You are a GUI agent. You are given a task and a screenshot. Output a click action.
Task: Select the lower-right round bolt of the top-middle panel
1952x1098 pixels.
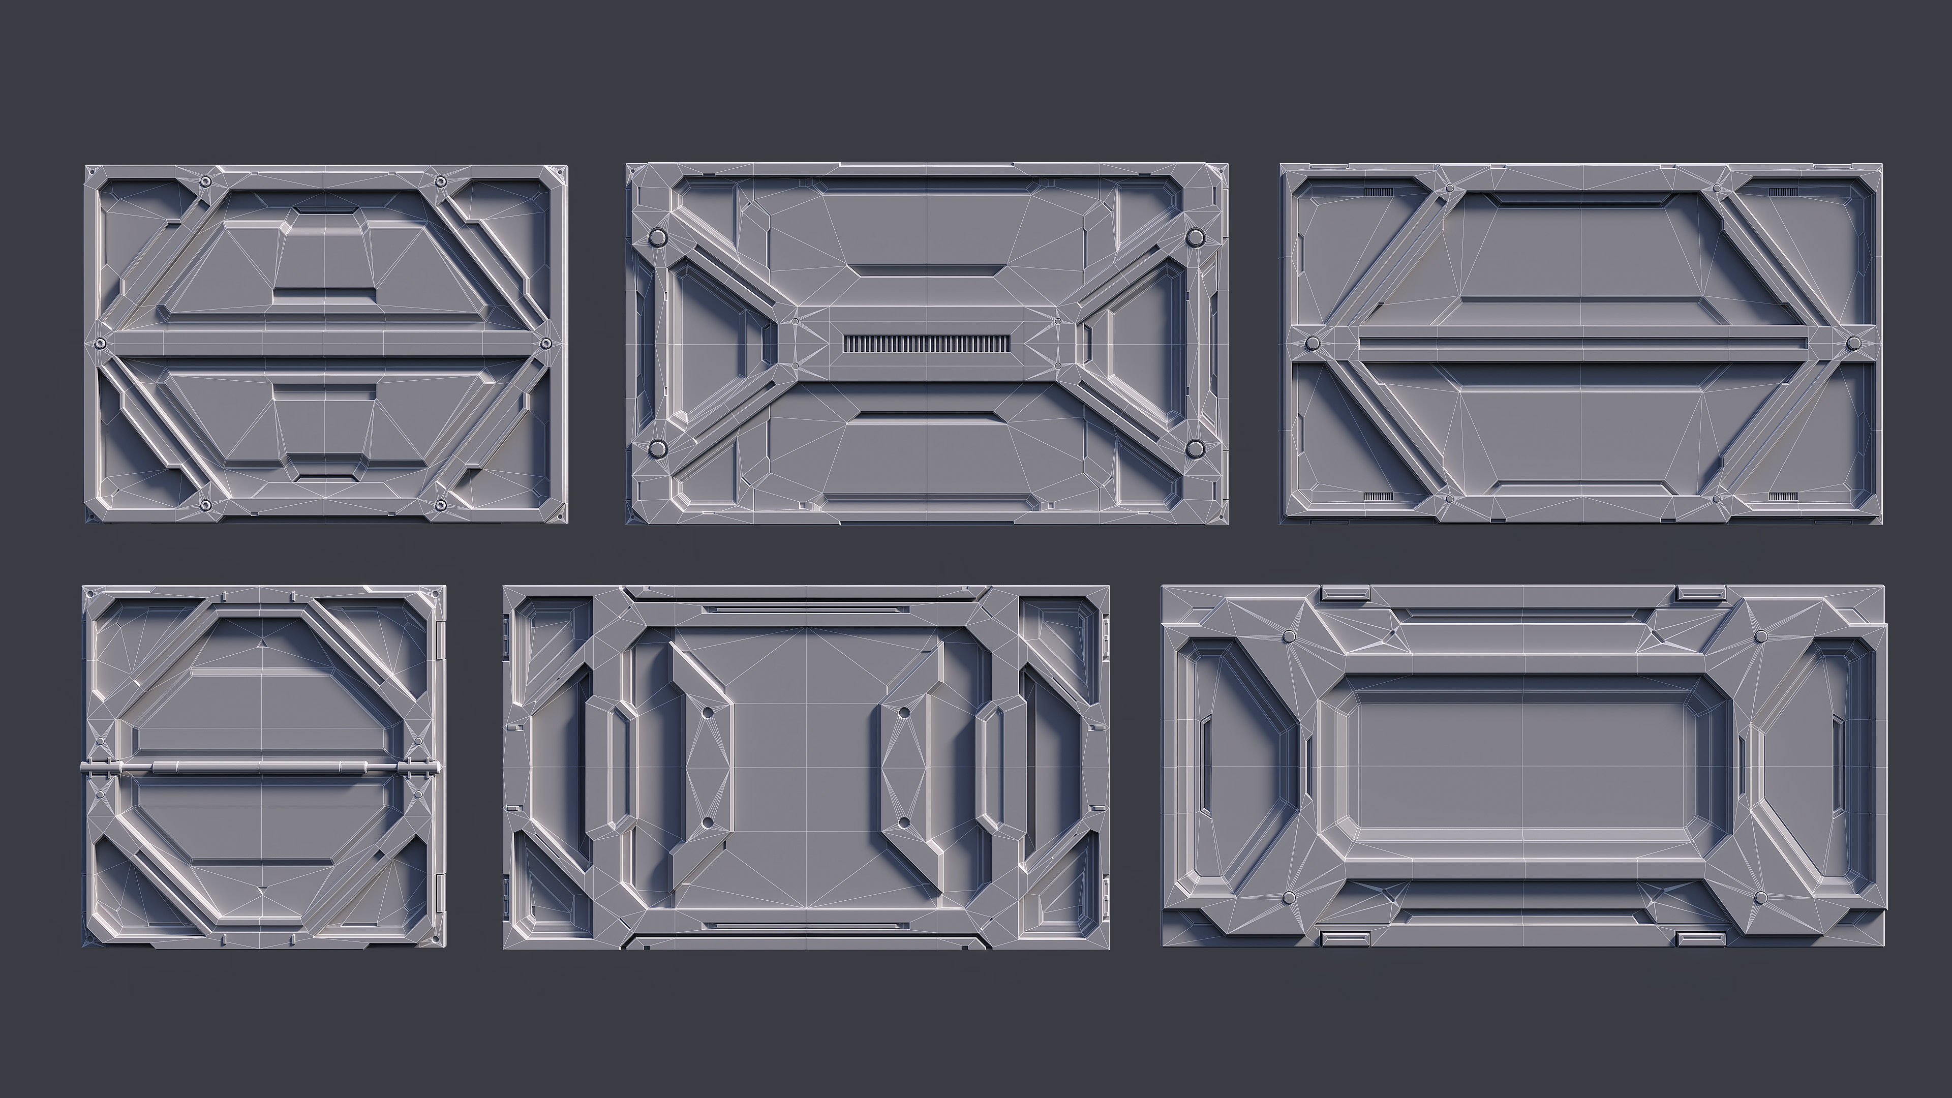[x=1195, y=448]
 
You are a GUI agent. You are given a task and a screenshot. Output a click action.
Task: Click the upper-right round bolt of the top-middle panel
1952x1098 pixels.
[x=1195, y=238]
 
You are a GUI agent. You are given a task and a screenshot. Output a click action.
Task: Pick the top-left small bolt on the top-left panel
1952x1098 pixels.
[x=204, y=182]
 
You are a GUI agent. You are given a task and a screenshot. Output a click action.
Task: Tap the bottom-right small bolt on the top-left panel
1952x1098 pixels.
[x=440, y=505]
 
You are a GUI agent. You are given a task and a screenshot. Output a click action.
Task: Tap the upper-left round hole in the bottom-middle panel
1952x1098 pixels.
[x=707, y=713]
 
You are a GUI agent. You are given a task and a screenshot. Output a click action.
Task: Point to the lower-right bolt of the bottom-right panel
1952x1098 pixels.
[x=1761, y=898]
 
